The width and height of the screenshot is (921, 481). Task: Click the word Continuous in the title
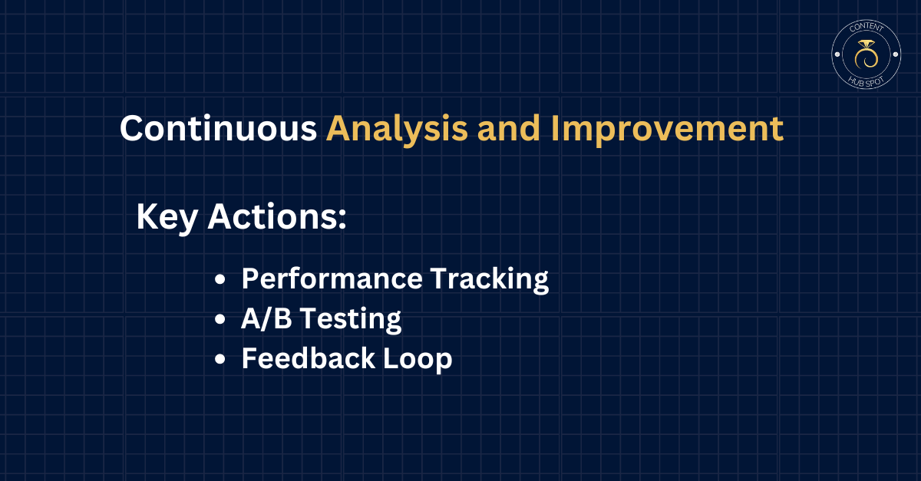tap(218, 128)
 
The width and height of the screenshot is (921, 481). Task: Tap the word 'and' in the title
tap(509, 128)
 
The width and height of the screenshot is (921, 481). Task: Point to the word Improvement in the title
tap(667, 130)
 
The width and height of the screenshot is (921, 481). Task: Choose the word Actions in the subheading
tap(272, 216)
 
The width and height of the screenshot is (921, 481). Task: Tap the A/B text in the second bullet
tap(266, 318)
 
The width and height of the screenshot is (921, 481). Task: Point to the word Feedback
tap(308, 358)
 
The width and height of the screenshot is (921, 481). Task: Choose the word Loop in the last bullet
tap(418, 359)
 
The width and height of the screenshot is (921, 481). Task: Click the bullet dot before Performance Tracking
tap(220, 279)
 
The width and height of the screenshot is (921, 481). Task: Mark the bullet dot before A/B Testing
tap(220, 319)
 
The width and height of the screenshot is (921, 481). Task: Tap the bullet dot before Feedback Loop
tap(220, 359)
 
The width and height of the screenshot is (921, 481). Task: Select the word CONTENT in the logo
tap(867, 27)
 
